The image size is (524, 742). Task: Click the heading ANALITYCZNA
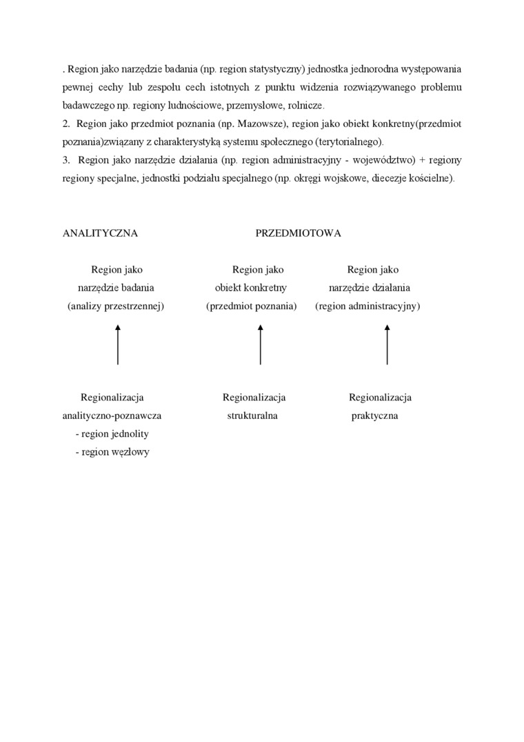(100, 233)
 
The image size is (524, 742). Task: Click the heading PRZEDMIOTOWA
(298, 233)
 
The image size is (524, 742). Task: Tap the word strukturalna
(252, 416)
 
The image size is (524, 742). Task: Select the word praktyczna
(374, 416)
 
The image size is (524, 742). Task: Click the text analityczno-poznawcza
(112, 416)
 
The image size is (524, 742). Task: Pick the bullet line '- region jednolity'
(112, 434)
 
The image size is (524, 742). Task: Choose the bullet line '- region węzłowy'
(112, 452)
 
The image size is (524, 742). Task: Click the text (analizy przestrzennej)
(116, 306)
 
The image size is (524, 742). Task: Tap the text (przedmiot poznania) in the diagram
(251, 306)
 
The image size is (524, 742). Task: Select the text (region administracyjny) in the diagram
(367, 306)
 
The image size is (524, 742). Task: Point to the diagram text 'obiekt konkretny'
(251, 288)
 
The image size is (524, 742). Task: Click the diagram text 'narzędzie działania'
(374, 288)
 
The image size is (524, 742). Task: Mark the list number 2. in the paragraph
(66, 124)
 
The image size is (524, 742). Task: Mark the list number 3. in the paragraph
(66, 160)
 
